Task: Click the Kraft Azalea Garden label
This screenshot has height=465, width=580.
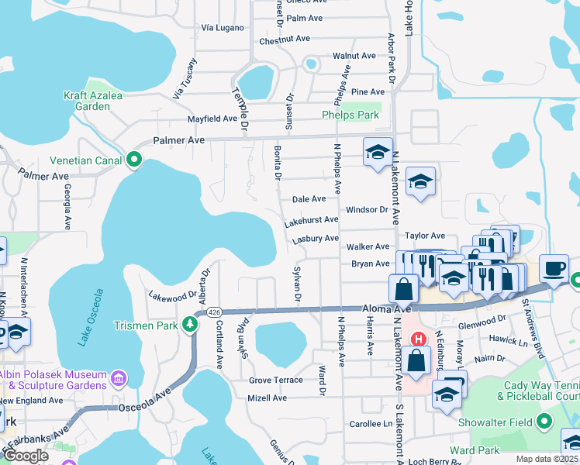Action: tap(87, 101)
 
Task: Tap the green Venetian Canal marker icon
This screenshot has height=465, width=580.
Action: tap(134, 160)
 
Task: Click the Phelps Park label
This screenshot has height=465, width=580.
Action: tap(350, 115)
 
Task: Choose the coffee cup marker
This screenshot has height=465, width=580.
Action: tap(554, 267)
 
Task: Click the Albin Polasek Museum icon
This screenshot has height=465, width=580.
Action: tap(118, 379)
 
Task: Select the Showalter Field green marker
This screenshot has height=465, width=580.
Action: tap(545, 422)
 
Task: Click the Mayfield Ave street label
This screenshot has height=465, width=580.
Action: tap(212, 119)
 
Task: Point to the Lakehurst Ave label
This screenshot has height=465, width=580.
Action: tap(312, 221)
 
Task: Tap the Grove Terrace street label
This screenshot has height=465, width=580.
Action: tap(276, 381)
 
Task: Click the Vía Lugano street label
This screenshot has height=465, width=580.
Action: tap(223, 27)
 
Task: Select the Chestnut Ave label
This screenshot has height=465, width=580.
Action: tap(285, 38)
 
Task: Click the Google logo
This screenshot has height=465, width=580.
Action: tap(25, 456)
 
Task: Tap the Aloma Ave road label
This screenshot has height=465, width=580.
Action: tap(383, 308)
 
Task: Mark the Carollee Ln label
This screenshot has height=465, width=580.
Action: tap(371, 424)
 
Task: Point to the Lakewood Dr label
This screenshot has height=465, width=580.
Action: tap(173, 296)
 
